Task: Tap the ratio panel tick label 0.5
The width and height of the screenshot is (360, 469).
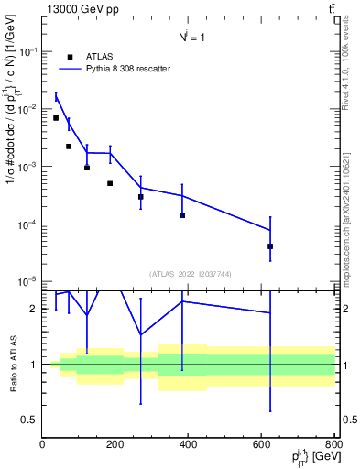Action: [x=27, y=420]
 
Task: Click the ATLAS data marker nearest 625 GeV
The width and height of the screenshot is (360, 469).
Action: [x=270, y=246]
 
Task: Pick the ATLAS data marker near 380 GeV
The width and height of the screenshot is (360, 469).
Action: [x=182, y=215]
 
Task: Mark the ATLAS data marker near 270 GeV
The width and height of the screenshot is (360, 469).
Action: [x=141, y=197]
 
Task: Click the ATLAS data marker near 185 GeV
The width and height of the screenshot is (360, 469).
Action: [x=110, y=183]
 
